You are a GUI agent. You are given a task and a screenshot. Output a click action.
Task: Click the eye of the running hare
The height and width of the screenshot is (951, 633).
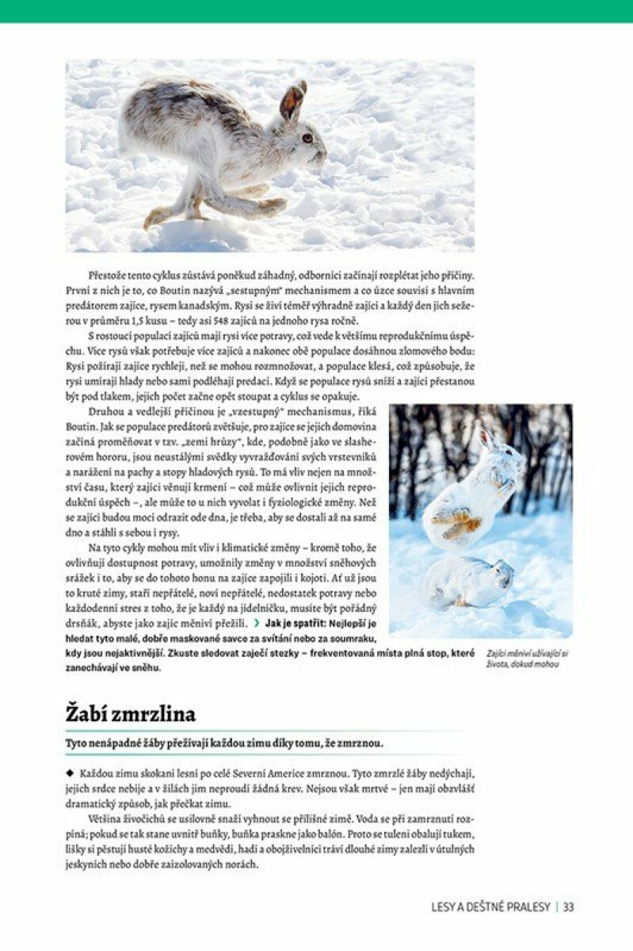point(307,138)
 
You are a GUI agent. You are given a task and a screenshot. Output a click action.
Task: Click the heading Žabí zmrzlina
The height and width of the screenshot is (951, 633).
point(130,713)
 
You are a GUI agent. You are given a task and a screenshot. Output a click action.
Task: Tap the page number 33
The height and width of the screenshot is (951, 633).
point(568,907)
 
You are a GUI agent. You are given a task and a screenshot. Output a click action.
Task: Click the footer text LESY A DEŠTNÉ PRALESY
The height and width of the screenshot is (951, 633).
point(490,907)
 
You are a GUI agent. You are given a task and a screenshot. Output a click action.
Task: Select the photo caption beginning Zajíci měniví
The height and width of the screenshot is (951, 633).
point(527,659)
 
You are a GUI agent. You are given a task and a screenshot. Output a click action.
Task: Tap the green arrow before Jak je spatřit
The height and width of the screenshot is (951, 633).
point(255,624)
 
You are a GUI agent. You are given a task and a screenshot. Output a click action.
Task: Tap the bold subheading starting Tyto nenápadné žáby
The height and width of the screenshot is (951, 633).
point(224,744)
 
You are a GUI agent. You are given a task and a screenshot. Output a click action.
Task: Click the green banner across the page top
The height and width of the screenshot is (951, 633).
point(316,11)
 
